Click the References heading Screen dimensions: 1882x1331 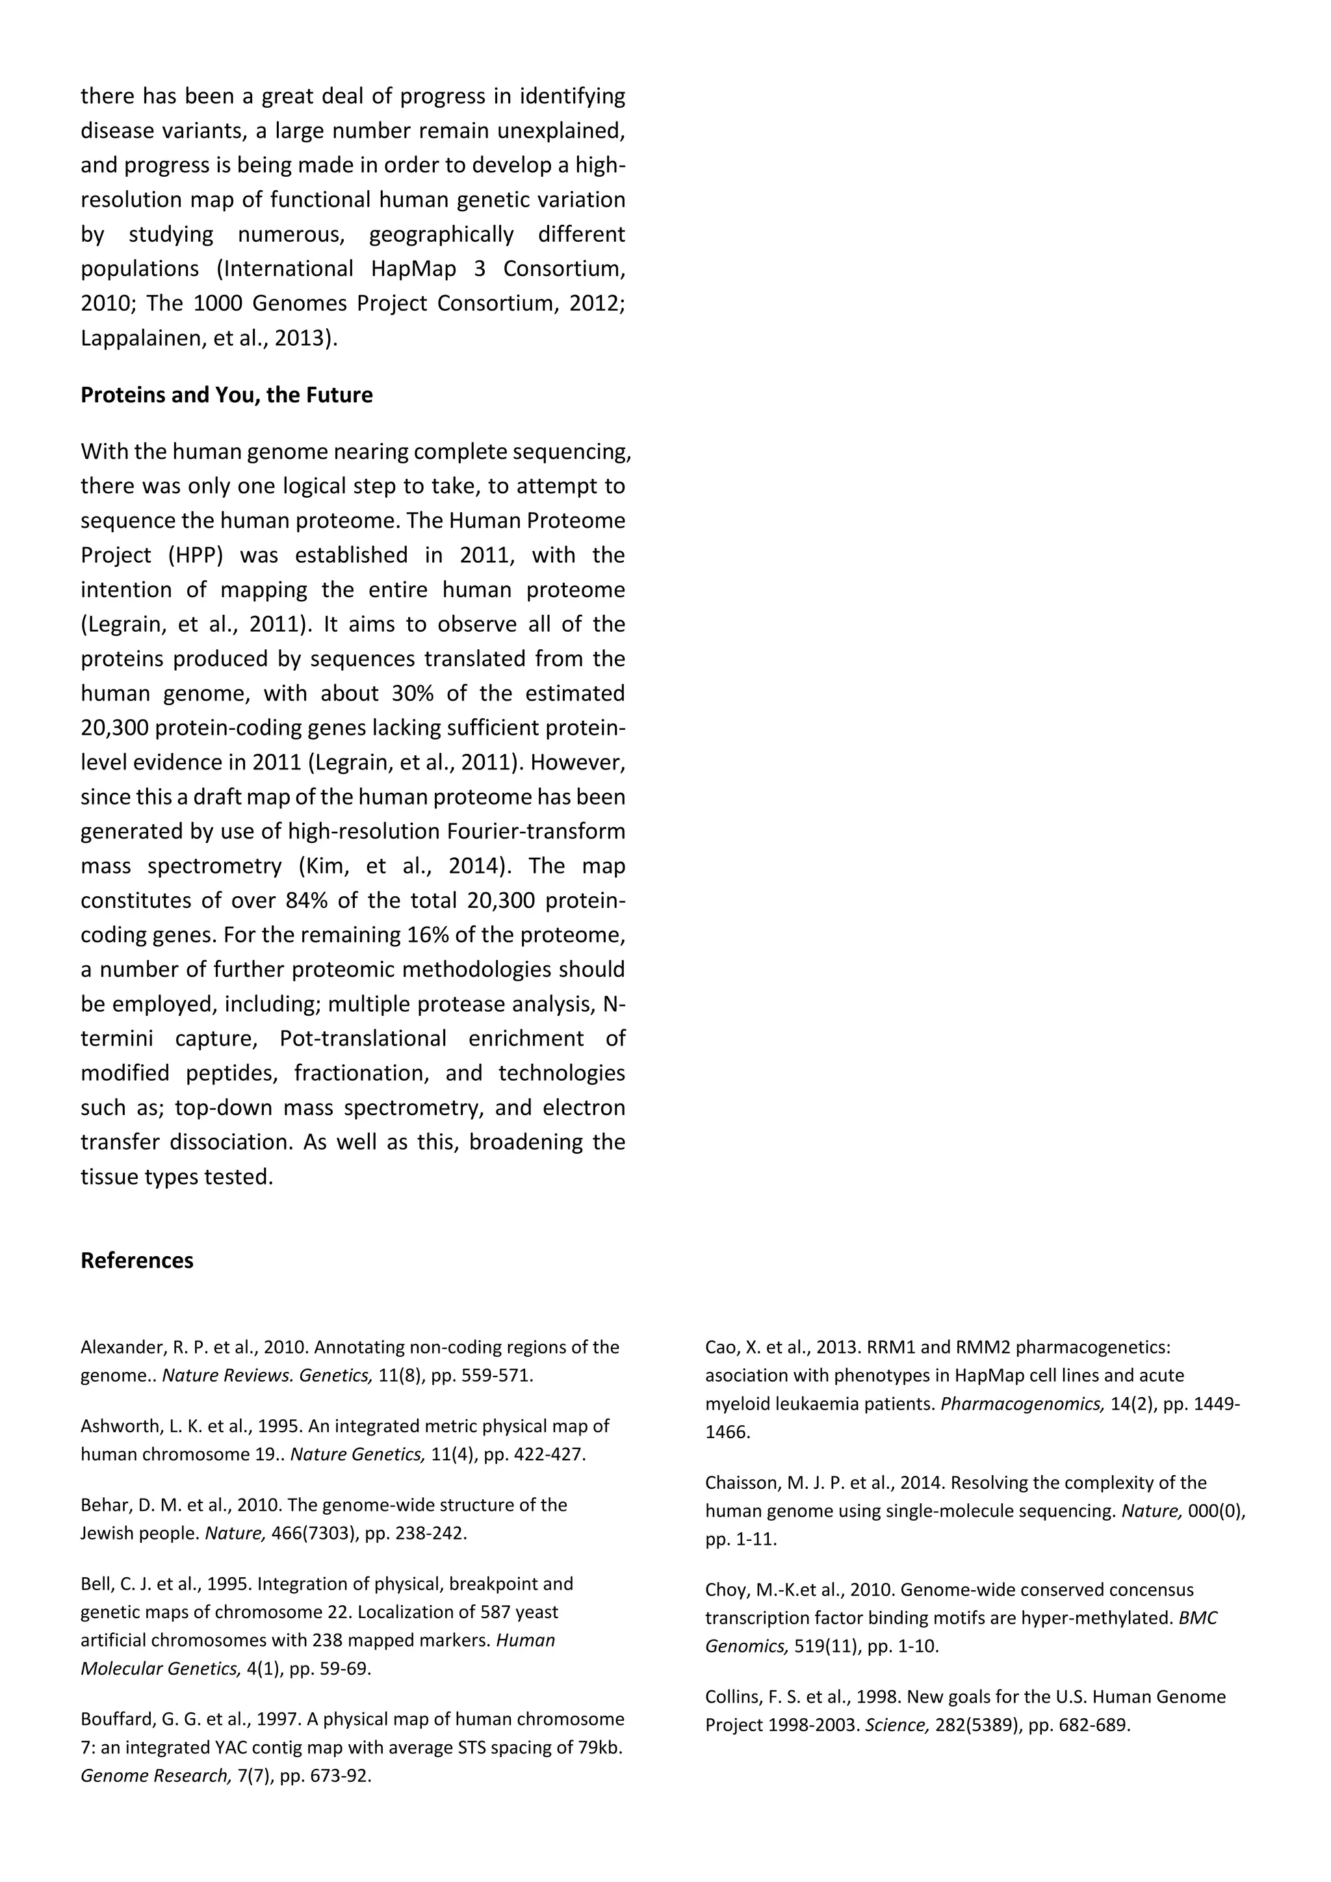pos(137,1261)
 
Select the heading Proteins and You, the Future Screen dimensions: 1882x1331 pos(226,395)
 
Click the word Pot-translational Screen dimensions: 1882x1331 pos(363,1038)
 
